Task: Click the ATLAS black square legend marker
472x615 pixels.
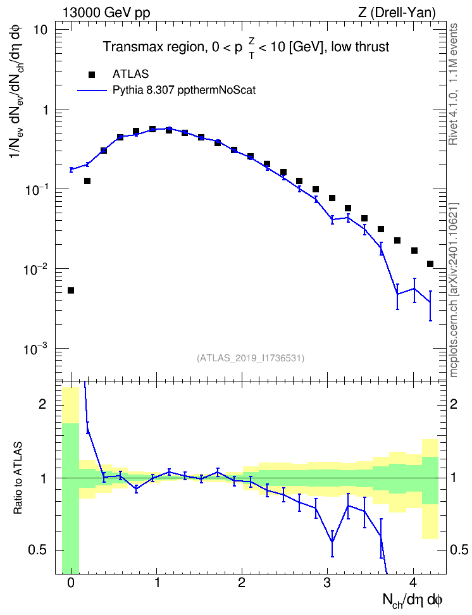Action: tap(92, 75)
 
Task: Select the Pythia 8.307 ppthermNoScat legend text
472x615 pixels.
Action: tap(184, 90)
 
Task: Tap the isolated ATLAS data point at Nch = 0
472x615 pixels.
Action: tap(71, 290)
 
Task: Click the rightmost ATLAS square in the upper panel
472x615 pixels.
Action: tap(430, 264)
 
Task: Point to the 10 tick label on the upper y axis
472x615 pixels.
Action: tap(40, 30)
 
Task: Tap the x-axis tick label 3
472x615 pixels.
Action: tap(328, 583)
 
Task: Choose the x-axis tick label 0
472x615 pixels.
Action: tap(71, 583)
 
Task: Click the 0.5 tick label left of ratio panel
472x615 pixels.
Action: tap(39, 550)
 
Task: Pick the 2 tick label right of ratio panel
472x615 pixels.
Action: tap(454, 404)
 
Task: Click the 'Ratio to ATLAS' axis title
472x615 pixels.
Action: tap(18, 478)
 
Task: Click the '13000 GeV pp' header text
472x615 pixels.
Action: tap(106, 13)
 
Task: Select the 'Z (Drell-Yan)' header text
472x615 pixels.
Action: tap(397, 13)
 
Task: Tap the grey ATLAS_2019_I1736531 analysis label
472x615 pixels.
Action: tap(251, 358)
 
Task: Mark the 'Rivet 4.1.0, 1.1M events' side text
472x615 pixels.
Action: tap(453, 84)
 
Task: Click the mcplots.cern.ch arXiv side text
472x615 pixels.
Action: tap(454, 290)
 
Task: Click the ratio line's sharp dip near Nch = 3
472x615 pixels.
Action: tap(332, 542)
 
